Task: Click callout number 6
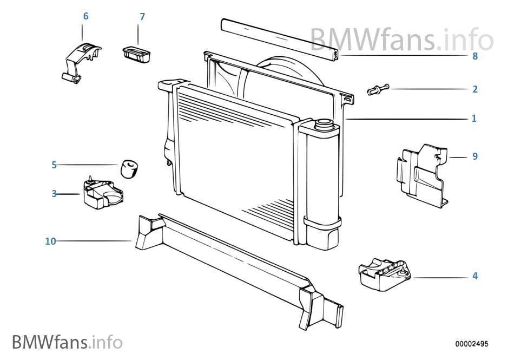pyautogui.click(x=85, y=16)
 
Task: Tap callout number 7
pyautogui.click(x=142, y=17)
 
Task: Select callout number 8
pyautogui.click(x=475, y=56)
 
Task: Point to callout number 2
pyautogui.click(x=475, y=89)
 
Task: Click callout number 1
pyautogui.click(x=474, y=118)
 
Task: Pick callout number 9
pyautogui.click(x=475, y=156)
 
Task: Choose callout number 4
pyautogui.click(x=475, y=276)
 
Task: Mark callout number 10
pyautogui.click(x=50, y=241)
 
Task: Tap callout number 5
pyautogui.click(x=54, y=165)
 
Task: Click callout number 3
pyautogui.click(x=54, y=194)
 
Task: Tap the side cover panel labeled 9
pyautogui.click(x=422, y=173)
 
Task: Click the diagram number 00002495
pyautogui.click(x=471, y=344)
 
